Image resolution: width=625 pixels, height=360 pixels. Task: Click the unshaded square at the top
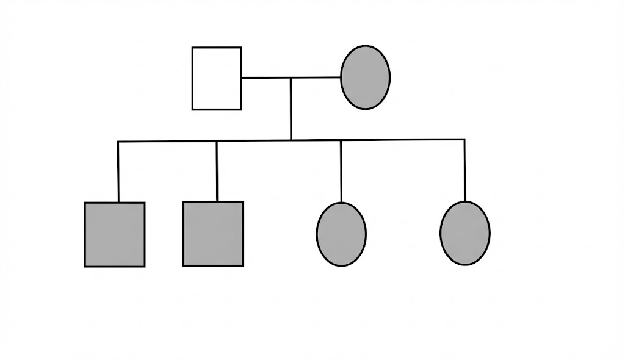click(x=217, y=78)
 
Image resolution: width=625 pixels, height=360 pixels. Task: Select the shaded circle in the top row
click(x=365, y=77)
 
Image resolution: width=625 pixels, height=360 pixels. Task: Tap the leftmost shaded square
click(x=115, y=234)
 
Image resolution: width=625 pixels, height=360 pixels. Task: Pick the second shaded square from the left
click(x=213, y=234)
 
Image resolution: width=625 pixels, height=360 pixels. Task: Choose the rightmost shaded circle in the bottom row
click(x=464, y=233)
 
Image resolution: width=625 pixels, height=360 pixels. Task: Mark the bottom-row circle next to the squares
click(x=341, y=234)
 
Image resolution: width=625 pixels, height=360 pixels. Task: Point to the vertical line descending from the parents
click(x=291, y=110)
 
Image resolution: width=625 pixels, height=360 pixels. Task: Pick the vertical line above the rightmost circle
click(x=464, y=171)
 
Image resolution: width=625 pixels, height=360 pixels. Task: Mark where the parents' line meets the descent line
click(x=291, y=78)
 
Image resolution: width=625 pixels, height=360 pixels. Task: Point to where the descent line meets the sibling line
click(x=291, y=140)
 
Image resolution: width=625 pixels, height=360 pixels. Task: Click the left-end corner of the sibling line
click(x=118, y=142)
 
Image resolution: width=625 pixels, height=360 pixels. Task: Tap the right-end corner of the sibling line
click(x=464, y=139)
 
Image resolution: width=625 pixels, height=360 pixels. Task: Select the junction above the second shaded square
click(x=217, y=141)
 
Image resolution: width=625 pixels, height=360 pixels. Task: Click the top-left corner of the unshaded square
click(x=193, y=48)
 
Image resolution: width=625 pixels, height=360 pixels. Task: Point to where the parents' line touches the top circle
click(x=341, y=77)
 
